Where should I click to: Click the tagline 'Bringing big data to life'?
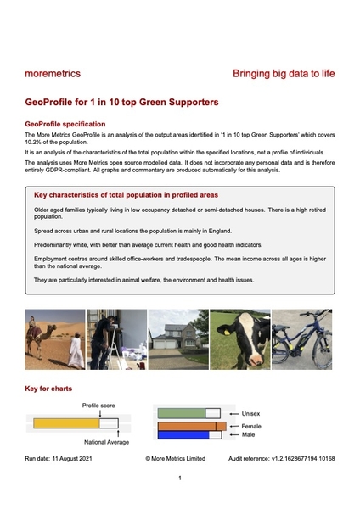284,74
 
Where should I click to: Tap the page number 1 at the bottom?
180,479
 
